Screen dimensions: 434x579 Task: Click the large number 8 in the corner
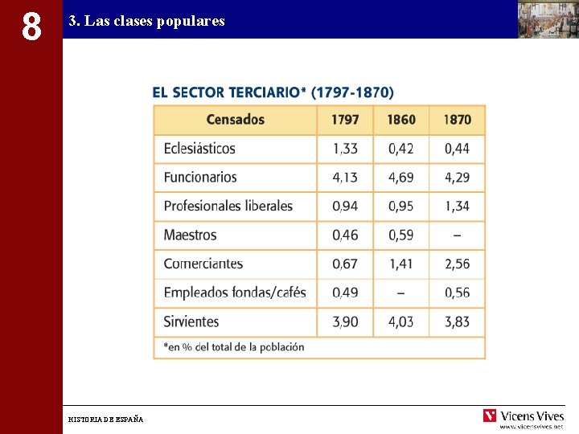click(x=31, y=25)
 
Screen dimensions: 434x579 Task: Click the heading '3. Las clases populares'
click(x=146, y=21)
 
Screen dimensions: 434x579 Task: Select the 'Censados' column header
click(x=235, y=120)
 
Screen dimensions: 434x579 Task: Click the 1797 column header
click(x=345, y=120)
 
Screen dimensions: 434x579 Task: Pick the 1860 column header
click(x=401, y=120)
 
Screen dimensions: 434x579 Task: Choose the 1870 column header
click(x=457, y=120)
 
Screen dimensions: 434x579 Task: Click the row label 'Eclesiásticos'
click(x=199, y=149)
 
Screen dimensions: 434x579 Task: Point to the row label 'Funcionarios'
click(x=200, y=177)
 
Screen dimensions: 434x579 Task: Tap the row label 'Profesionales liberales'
click(x=228, y=206)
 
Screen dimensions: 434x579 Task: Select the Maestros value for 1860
click(x=401, y=235)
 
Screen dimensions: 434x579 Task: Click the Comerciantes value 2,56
click(x=457, y=264)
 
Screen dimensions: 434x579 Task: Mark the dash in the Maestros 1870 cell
click(x=457, y=235)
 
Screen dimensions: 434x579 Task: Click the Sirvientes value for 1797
click(x=345, y=321)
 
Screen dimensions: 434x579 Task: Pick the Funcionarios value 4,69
click(x=401, y=177)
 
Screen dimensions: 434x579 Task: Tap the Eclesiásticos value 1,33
click(x=345, y=149)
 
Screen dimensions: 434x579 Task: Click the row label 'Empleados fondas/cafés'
click(x=235, y=293)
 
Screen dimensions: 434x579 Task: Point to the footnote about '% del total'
click(x=234, y=347)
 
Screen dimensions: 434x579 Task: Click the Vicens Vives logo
click(x=524, y=416)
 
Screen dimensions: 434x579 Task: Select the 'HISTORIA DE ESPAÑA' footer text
click(x=106, y=420)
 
